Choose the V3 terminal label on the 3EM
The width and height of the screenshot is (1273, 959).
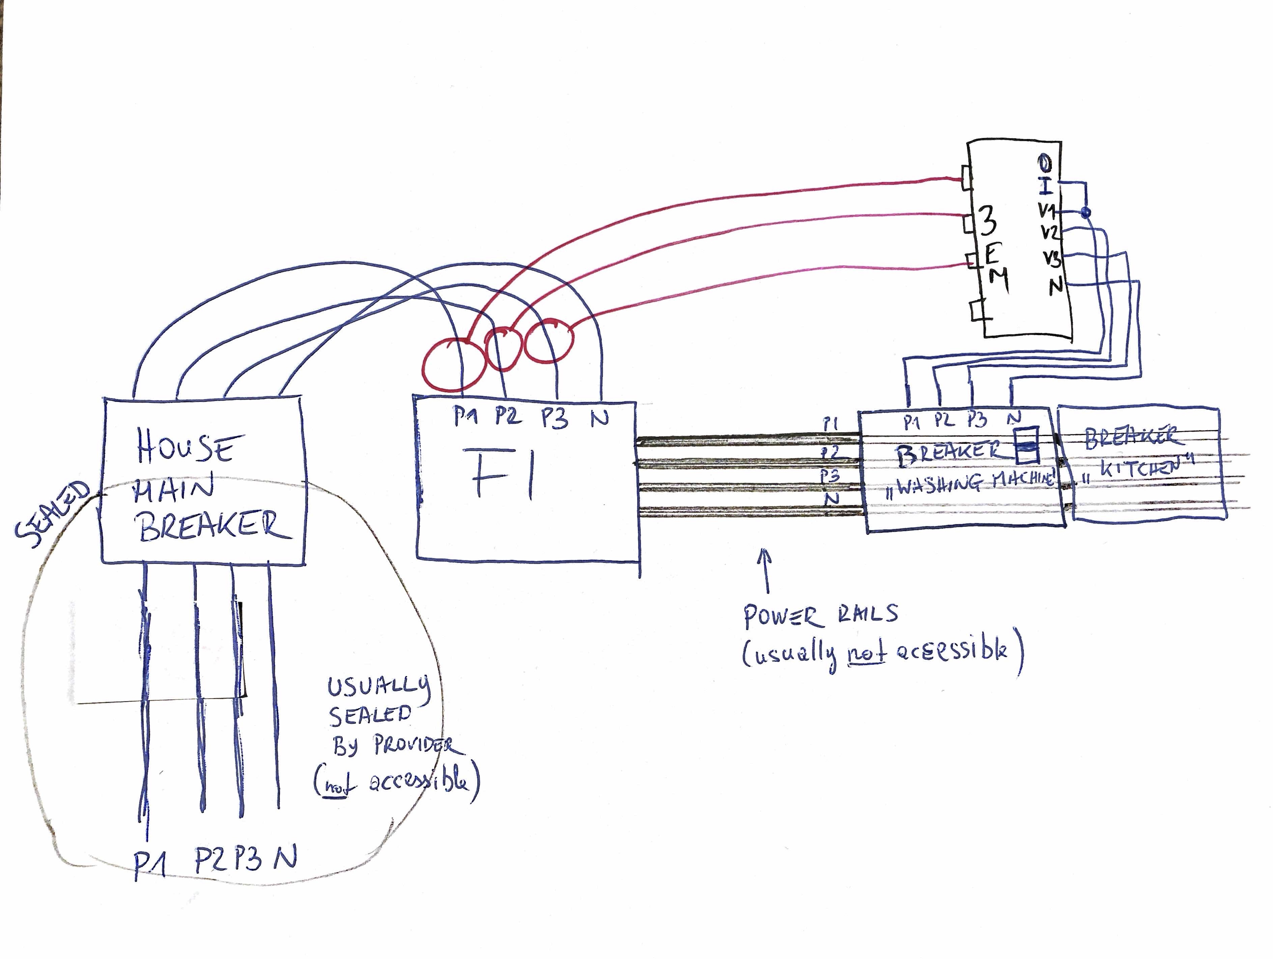(x=1052, y=259)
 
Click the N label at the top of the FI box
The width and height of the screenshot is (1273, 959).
(x=600, y=417)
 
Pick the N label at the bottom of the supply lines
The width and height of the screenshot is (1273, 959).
(x=285, y=858)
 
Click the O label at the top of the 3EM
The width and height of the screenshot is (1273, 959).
(x=1044, y=163)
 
